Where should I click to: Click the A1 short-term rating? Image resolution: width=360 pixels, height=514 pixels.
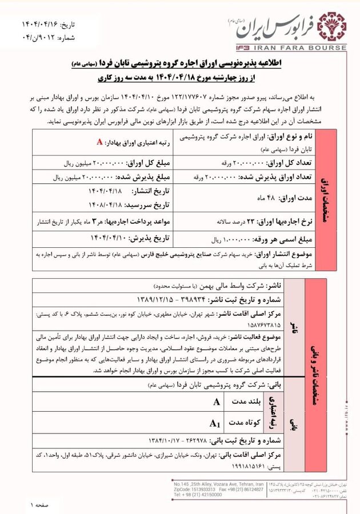[x=215, y=423]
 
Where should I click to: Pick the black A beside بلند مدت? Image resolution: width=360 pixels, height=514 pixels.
[x=216, y=402]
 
